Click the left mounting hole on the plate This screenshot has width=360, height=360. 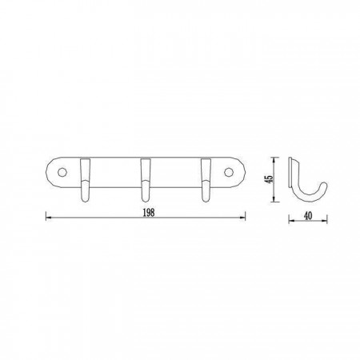click(x=62, y=172)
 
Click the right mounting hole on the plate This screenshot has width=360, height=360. click(x=228, y=172)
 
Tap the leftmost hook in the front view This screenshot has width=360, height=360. click(x=85, y=180)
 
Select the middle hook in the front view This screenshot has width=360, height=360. click(x=146, y=180)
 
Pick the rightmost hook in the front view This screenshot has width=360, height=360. click(x=206, y=180)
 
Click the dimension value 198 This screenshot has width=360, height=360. click(x=149, y=213)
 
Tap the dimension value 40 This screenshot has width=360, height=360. click(x=308, y=216)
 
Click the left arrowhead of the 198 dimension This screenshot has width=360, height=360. click(x=48, y=218)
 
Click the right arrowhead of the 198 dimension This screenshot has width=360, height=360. click(x=242, y=218)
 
